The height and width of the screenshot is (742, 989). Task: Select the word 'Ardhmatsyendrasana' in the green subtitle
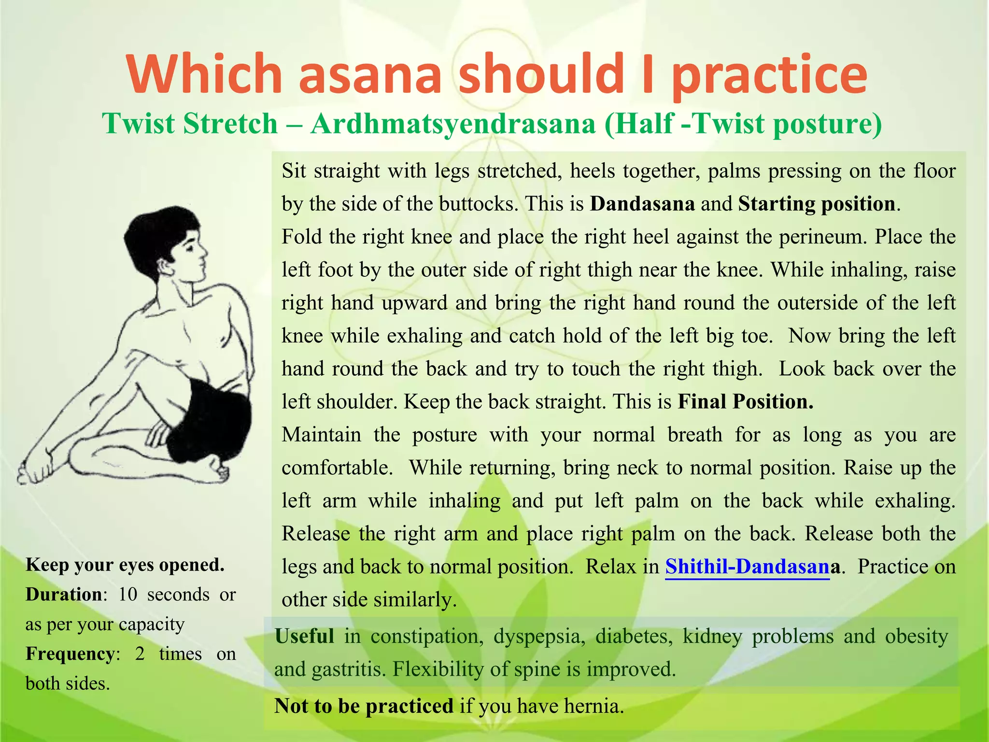[x=452, y=124]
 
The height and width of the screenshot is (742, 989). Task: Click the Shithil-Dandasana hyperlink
[x=747, y=566]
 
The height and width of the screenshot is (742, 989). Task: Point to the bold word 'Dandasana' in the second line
[x=642, y=203]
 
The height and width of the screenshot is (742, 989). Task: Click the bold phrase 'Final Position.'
[x=746, y=401]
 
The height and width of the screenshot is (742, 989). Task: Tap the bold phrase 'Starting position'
[x=817, y=203]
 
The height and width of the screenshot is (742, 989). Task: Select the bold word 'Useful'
[x=304, y=636]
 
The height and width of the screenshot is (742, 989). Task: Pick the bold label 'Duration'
[x=64, y=595]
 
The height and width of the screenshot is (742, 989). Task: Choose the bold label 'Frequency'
[x=70, y=654]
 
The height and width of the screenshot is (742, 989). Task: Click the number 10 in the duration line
[x=127, y=595]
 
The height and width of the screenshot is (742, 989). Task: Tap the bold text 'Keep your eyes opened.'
[x=125, y=565]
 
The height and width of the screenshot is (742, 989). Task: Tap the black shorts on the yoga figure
[x=212, y=415]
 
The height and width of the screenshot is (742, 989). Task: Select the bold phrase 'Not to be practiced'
[x=364, y=706]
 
